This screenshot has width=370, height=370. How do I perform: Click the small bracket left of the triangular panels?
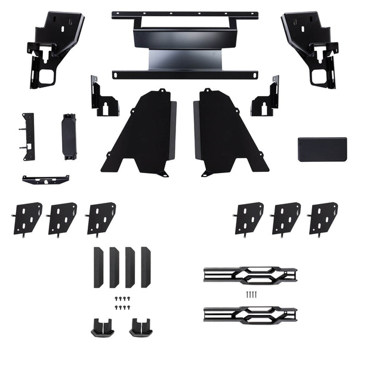(103, 98)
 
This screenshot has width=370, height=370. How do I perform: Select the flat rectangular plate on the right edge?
(322, 149)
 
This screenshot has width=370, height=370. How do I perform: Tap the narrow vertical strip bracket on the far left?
(28, 137)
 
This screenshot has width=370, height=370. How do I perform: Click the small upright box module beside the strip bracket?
(68, 136)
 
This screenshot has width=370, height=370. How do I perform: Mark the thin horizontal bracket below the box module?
(46, 179)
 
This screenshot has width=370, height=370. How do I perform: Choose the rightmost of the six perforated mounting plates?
(323, 218)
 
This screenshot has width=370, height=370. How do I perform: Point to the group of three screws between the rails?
(251, 294)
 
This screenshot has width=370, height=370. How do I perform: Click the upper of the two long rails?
(249, 275)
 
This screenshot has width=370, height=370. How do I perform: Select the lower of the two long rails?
(249, 314)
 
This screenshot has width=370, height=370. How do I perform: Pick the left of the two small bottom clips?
(101, 326)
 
